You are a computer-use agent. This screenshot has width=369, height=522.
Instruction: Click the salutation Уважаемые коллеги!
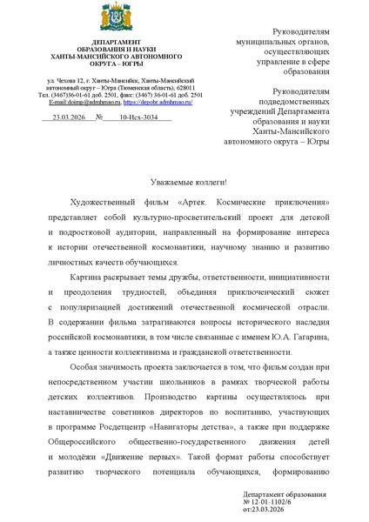click(x=184, y=181)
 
